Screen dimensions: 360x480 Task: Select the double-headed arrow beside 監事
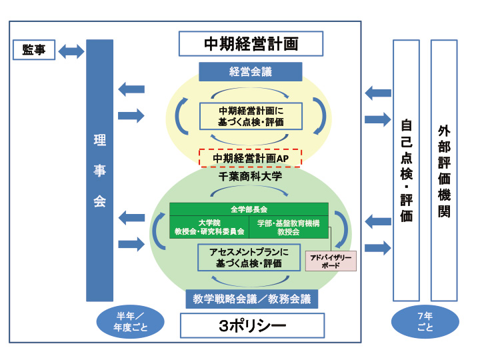pyautogui.click(x=71, y=51)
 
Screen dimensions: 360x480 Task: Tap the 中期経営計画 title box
pyautogui.click(x=251, y=44)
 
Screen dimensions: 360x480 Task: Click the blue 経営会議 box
pyautogui.click(x=251, y=71)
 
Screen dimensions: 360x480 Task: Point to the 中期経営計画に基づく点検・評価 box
pyautogui.click(x=251, y=116)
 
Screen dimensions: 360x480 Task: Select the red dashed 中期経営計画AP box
pyautogui.click(x=251, y=158)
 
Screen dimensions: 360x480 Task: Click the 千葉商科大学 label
pyautogui.click(x=251, y=177)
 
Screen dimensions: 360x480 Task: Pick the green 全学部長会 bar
pyautogui.click(x=249, y=209)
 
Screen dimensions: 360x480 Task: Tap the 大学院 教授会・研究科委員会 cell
pyautogui.click(x=209, y=227)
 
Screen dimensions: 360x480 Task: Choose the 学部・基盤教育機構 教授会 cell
pyautogui.click(x=289, y=227)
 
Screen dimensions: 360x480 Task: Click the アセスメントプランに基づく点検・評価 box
pyautogui.click(x=249, y=257)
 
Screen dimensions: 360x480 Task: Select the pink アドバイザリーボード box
pyautogui.click(x=330, y=260)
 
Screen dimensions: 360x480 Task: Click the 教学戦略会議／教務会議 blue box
pyautogui.click(x=251, y=299)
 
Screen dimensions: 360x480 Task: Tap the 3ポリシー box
pyautogui.click(x=252, y=326)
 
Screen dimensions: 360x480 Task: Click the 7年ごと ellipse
pyautogui.click(x=425, y=322)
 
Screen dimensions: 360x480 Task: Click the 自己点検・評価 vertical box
pyautogui.click(x=406, y=170)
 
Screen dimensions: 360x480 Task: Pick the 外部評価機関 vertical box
pyautogui.click(x=444, y=170)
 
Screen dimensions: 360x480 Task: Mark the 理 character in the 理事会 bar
pyautogui.click(x=99, y=141)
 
